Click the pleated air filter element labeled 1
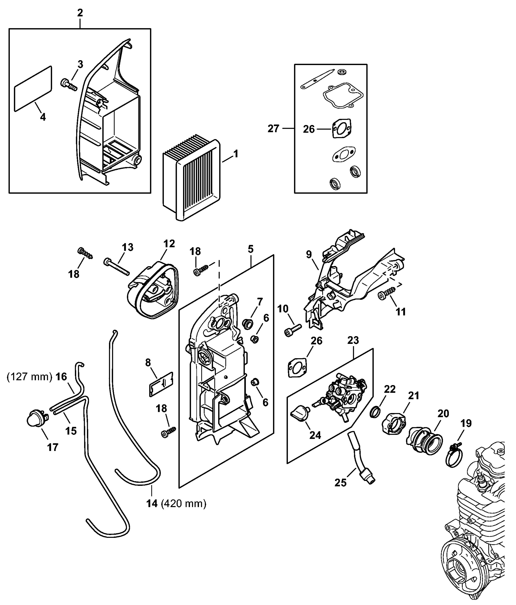191,178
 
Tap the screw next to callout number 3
69,85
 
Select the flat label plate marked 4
33,89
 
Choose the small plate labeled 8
161,384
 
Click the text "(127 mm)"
29,377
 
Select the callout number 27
273,129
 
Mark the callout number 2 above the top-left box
80,13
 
